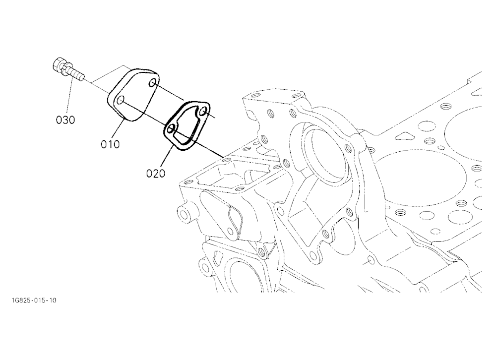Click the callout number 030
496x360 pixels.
(65, 120)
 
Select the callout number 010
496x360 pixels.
(111, 144)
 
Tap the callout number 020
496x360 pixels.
(156, 174)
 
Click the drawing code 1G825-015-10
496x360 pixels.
(34, 300)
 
